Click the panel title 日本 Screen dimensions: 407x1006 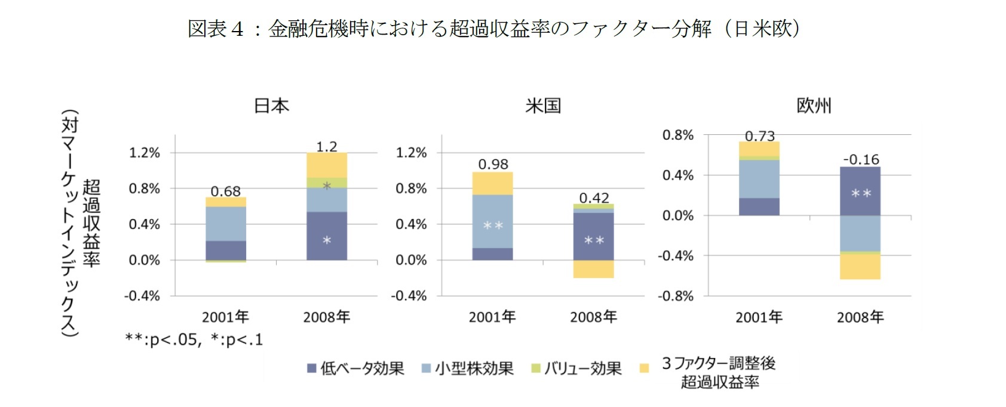[272, 106]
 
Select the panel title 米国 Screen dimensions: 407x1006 [543, 106]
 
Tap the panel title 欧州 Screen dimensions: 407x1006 [814, 106]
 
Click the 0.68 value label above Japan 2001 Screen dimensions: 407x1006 [225, 192]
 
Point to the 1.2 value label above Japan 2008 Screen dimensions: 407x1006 [327, 146]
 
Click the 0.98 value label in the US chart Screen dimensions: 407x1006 [493, 164]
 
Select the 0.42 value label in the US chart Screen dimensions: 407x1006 [594, 198]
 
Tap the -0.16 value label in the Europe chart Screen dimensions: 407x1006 [861, 159]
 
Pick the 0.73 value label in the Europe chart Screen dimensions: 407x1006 [759, 136]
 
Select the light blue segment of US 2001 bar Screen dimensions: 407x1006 [493, 221]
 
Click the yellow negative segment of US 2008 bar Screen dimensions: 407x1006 [594, 269]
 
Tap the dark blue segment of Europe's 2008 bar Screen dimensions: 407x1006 [860, 191]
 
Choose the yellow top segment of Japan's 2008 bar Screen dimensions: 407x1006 [327, 165]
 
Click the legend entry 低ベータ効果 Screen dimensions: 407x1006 [356, 368]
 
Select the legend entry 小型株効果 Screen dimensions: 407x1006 [468, 368]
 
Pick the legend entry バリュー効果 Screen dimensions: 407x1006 [576, 368]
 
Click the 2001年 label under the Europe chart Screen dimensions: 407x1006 [759, 317]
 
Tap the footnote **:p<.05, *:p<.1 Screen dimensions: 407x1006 [194, 340]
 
